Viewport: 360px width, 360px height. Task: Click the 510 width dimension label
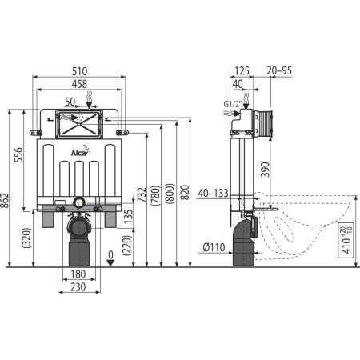(79, 71)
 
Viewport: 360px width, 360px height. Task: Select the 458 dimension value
(79, 84)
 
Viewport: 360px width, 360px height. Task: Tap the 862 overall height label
(5, 202)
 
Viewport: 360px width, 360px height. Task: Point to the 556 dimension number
(18, 155)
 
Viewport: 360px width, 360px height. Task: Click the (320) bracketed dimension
(27, 238)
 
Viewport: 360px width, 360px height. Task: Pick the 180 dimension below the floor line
(78, 274)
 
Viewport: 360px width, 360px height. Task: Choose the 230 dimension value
(78, 287)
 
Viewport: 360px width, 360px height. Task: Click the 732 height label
(142, 194)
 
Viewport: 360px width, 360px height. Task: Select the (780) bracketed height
(156, 196)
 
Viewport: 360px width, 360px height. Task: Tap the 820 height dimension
(185, 192)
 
